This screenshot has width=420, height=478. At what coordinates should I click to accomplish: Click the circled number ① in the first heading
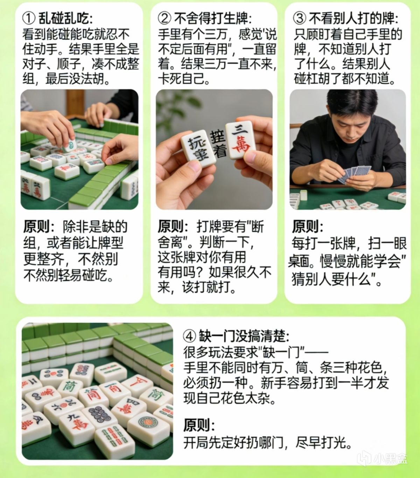coord(29,19)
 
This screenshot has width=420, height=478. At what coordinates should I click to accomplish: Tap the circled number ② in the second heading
coord(164,19)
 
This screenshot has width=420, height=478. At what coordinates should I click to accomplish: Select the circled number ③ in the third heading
coord(299,19)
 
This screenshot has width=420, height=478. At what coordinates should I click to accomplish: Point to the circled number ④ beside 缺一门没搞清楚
coord(190,336)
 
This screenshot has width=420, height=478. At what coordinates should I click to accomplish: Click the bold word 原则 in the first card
coord(36,227)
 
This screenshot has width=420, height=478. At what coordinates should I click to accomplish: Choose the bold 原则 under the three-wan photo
coord(171,227)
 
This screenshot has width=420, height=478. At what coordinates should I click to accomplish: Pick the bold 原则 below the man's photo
coord(305,227)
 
